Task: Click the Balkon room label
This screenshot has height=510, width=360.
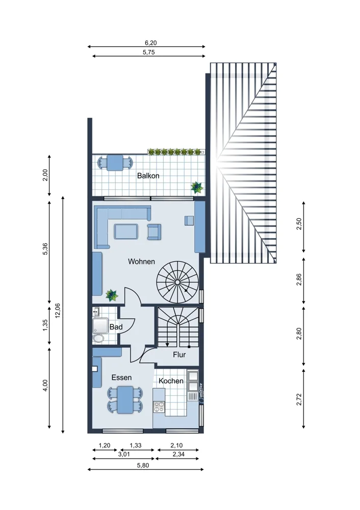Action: pyautogui.click(x=148, y=175)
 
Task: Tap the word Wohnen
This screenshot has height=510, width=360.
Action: pyautogui.click(x=141, y=262)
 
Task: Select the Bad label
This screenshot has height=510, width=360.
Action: pyautogui.click(x=116, y=327)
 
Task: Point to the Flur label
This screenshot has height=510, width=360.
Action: pyautogui.click(x=179, y=354)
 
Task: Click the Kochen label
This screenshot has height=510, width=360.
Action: pyautogui.click(x=171, y=381)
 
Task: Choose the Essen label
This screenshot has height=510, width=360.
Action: pyautogui.click(x=121, y=377)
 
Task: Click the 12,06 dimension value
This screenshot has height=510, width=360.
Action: pyautogui.click(x=58, y=311)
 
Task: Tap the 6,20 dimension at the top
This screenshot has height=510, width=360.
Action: pyautogui.click(x=150, y=43)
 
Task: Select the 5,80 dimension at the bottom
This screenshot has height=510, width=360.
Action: pyautogui.click(x=143, y=466)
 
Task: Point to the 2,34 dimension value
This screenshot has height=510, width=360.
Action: pyautogui.click(x=178, y=454)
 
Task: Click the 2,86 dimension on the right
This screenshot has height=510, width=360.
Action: pyautogui.click(x=299, y=279)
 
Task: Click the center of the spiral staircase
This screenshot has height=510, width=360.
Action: pyautogui.click(x=177, y=282)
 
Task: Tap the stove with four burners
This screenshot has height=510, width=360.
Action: pyautogui.click(x=159, y=406)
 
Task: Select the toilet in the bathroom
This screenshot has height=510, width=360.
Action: pyautogui.click(x=97, y=339)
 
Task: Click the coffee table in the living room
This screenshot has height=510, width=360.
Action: pyautogui.click(x=126, y=231)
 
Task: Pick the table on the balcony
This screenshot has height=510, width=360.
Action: pyautogui.click(x=115, y=163)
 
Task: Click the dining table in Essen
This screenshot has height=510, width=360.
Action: pyautogui.click(x=125, y=399)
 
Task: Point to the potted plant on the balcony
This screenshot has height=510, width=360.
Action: pyautogui.click(x=197, y=187)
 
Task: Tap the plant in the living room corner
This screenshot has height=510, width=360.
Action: pyautogui.click(x=112, y=295)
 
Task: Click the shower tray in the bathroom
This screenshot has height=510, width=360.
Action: pyautogui.click(x=100, y=325)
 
